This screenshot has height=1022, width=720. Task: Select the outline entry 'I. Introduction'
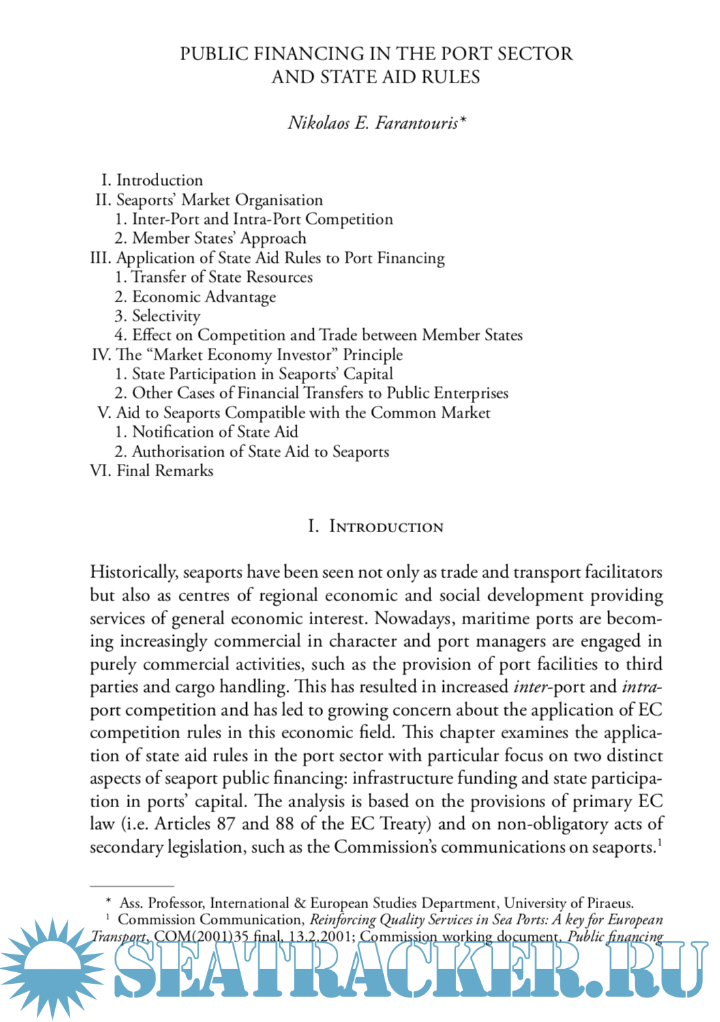[x=152, y=180]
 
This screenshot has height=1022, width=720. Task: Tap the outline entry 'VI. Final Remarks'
[x=151, y=471]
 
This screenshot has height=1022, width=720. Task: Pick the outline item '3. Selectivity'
[x=157, y=316]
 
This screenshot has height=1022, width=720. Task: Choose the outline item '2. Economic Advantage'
[x=196, y=297]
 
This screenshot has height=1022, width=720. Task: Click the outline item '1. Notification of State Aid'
[x=207, y=432]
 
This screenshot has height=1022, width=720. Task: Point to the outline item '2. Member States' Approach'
[x=211, y=238]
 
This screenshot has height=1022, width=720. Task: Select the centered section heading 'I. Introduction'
[x=376, y=527]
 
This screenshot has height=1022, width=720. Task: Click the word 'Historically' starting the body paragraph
[x=134, y=572]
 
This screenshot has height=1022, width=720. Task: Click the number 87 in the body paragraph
[x=226, y=823]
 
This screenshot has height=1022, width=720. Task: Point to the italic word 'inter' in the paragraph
[x=530, y=686]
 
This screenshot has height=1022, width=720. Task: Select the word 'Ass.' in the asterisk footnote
[x=131, y=903]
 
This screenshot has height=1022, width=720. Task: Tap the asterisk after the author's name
[x=463, y=120]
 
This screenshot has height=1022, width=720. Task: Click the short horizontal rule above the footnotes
[x=132, y=886]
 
